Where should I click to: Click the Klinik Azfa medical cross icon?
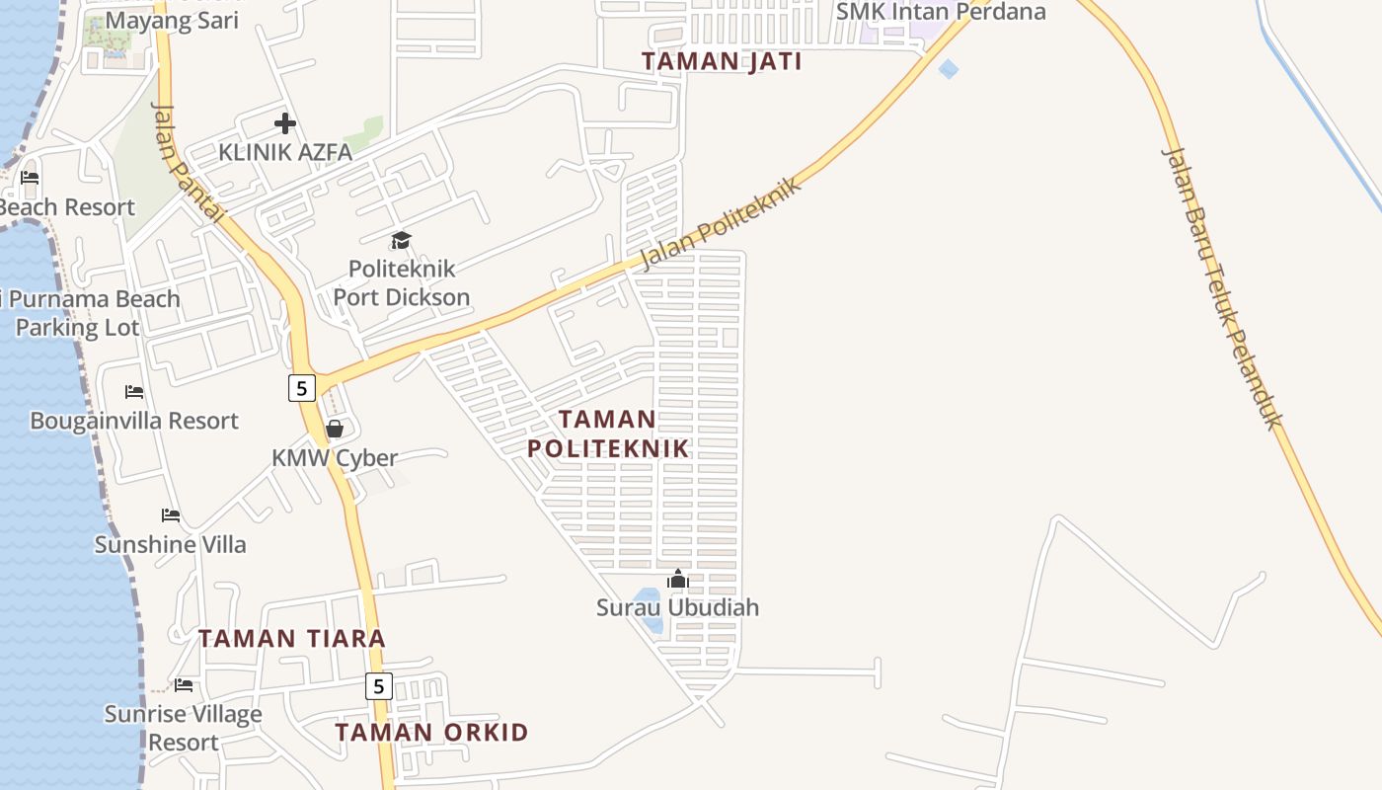[x=285, y=123]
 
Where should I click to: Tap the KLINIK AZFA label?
[x=284, y=152]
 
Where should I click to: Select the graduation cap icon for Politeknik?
[x=401, y=240]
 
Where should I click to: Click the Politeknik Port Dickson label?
[x=402, y=282]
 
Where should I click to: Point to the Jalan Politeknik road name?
[x=720, y=223]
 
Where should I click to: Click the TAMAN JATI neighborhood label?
[x=722, y=61]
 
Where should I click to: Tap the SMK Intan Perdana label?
[x=940, y=12]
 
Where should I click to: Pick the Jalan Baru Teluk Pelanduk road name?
[x=1222, y=287]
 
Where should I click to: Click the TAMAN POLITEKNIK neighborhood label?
[x=607, y=434]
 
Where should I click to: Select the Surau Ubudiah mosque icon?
[x=678, y=579]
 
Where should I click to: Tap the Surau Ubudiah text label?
[x=678, y=607]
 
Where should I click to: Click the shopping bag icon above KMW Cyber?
[x=335, y=429]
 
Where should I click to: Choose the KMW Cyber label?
[x=335, y=458]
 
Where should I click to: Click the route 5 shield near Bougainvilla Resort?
[x=301, y=388]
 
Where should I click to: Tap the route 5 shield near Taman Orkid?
[x=379, y=685]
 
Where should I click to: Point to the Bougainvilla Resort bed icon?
[x=134, y=392]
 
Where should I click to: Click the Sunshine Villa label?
[x=171, y=544]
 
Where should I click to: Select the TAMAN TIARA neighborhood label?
[x=292, y=638]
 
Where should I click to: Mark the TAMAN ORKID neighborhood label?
[x=431, y=733]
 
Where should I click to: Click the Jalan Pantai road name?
[x=189, y=163]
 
